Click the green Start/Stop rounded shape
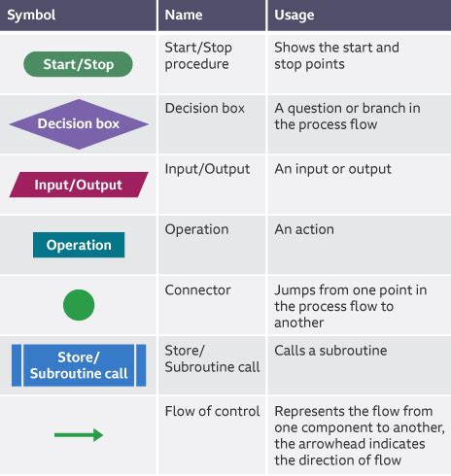(x=79, y=64)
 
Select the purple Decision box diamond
(x=79, y=124)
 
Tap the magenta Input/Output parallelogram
(x=79, y=185)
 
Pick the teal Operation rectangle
(x=79, y=245)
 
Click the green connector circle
(x=79, y=305)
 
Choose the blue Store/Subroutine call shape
(x=79, y=365)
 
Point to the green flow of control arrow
(x=79, y=435)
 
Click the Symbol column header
(x=32, y=16)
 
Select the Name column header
(x=184, y=16)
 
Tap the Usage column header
(x=295, y=16)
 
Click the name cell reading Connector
(x=198, y=290)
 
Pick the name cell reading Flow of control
(x=213, y=411)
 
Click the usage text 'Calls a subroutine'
(x=331, y=351)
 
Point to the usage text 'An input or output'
(x=332, y=169)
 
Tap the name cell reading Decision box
(x=204, y=108)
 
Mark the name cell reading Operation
(x=197, y=230)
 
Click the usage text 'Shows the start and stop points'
(x=336, y=55)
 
